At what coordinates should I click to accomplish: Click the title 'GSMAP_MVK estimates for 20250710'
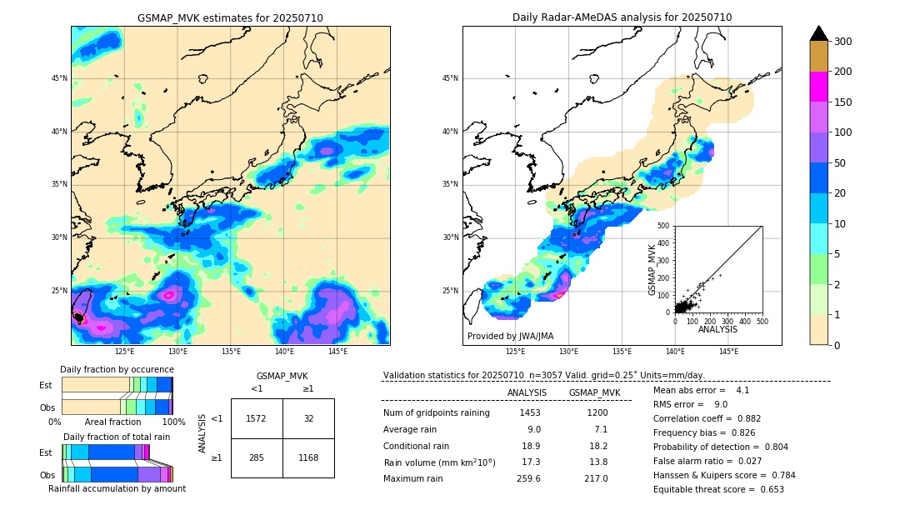(x=230, y=17)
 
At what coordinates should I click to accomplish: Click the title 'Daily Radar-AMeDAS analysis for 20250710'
(x=622, y=17)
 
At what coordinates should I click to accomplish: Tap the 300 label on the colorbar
(x=844, y=41)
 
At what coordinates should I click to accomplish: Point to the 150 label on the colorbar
(x=844, y=102)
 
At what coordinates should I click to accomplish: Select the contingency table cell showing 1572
(x=257, y=418)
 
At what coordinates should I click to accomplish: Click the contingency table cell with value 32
(x=308, y=418)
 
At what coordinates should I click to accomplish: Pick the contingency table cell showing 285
(x=257, y=457)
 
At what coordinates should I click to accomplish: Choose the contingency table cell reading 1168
(x=308, y=457)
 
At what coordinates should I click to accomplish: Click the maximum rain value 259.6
(x=529, y=479)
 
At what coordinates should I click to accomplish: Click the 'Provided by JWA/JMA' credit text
(x=509, y=337)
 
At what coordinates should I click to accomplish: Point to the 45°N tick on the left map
(x=59, y=79)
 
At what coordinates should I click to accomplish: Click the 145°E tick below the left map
(x=337, y=351)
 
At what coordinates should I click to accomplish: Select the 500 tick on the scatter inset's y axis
(x=663, y=225)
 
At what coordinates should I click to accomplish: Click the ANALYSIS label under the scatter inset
(x=717, y=329)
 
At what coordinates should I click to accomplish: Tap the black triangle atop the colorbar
(x=819, y=33)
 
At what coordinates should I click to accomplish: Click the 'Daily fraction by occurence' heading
(x=117, y=369)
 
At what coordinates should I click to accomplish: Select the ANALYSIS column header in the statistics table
(x=527, y=392)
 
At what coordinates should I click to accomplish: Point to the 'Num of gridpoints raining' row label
(x=437, y=412)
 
